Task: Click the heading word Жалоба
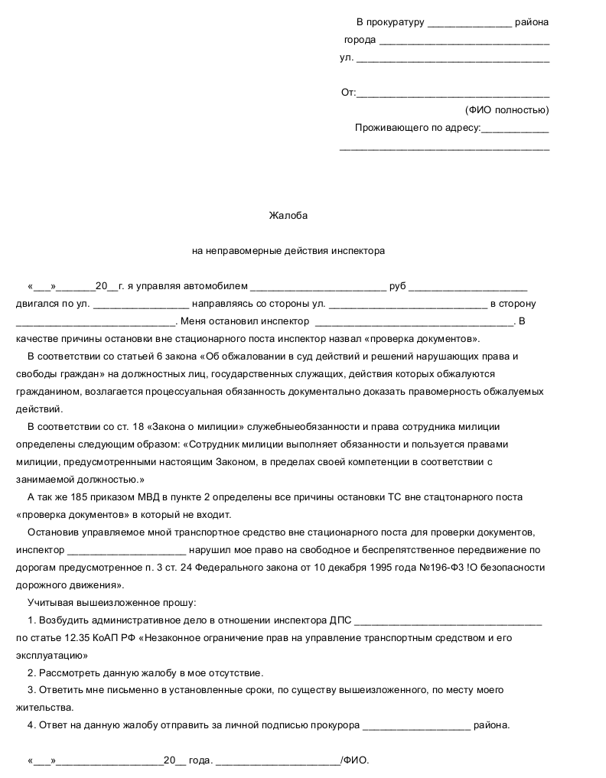click(288, 216)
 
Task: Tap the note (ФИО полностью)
click(507, 110)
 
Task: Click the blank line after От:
click(453, 94)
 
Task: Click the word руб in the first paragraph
click(397, 287)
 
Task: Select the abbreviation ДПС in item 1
click(340, 620)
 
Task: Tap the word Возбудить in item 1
click(64, 620)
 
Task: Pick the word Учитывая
click(48, 602)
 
